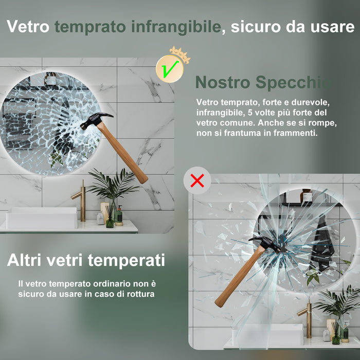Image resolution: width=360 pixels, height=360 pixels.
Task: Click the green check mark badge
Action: (x=170, y=69)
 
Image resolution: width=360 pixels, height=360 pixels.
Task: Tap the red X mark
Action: (x=197, y=181)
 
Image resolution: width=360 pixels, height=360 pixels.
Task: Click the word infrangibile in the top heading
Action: (x=176, y=27)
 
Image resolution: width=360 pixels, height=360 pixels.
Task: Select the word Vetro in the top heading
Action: (x=28, y=27)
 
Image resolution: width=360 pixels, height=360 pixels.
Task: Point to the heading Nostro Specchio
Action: (x=263, y=82)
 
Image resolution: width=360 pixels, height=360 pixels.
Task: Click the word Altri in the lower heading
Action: (x=24, y=260)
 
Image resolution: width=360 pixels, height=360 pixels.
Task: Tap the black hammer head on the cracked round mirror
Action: (x=97, y=120)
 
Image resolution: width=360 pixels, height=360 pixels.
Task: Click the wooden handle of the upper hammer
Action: (x=122, y=152)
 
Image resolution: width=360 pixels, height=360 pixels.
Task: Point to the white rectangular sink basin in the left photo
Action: (x=42, y=218)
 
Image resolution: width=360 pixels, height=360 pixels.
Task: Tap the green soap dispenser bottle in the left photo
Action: (x=119, y=215)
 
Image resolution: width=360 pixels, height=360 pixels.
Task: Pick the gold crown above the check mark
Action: (x=180, y=54)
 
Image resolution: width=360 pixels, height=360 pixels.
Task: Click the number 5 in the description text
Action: (x=249, y=113)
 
